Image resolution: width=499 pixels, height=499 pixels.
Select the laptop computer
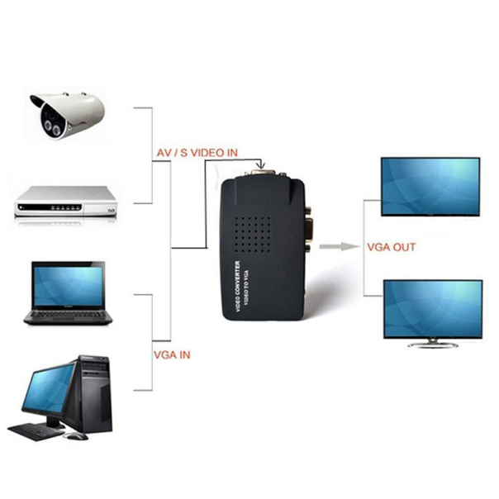point(68,293)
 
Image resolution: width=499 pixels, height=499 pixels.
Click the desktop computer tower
point(93,393)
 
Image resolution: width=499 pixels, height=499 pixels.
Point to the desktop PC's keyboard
point(37,431)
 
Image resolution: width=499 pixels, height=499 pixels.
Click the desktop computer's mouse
point(76,435)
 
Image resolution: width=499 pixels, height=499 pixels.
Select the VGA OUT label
point(392,247)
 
